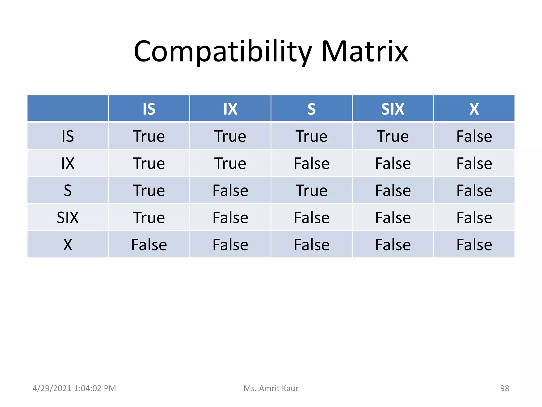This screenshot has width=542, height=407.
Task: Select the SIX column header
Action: [393, 109]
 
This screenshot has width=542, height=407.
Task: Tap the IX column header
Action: [230, 109]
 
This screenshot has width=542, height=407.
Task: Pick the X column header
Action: [474, 109]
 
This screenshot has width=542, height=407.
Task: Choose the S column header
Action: [311, 109]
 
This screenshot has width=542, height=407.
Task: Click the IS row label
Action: [68, 136]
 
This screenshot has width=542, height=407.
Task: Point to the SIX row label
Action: [68, 218]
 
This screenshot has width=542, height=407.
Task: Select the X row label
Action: [68, 245]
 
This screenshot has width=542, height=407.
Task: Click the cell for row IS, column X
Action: [474, 136]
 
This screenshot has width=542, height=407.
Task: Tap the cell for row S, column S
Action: [311, 191]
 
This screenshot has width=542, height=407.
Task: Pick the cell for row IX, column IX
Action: [230, 163]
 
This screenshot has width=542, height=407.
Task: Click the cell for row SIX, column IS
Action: [149, 218]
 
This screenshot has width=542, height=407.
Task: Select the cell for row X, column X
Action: [474, 245]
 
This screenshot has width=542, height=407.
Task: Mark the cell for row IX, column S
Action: [311, 163]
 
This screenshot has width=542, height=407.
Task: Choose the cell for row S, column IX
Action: [230, 191]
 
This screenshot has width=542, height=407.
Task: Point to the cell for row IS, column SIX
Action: [393, 136]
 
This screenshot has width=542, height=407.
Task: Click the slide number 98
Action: [504, 388]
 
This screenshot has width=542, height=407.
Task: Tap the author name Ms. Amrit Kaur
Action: [271, 388]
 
